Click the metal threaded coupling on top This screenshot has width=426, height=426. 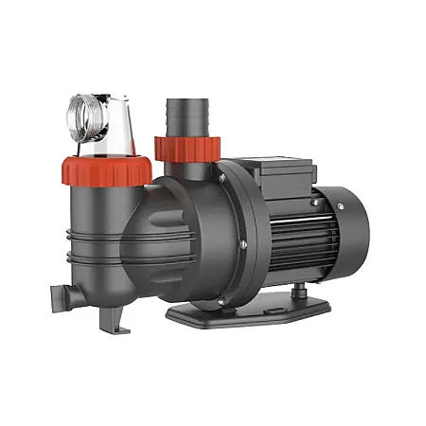(x=91, y=118)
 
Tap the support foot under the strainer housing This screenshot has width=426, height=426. (x=113, y=316)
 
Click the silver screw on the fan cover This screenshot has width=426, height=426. (x=332, y=204)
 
